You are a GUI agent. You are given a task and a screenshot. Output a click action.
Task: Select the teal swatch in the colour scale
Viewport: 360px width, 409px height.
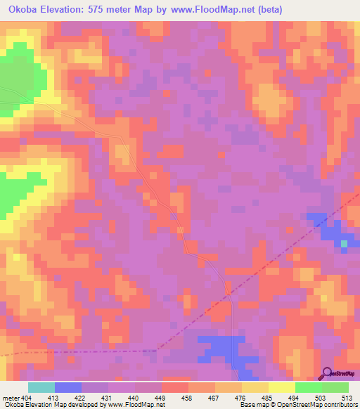coord(41,387)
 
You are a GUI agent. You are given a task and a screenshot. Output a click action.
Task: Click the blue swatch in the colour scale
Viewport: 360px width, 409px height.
coord(68,387)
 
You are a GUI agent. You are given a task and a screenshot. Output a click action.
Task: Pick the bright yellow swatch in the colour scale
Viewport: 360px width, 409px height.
coord(282,387)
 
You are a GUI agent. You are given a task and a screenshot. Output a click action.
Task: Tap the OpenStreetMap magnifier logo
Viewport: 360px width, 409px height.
coord(328,372)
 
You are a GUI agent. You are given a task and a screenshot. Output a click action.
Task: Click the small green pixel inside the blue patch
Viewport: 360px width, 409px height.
coord(344,244)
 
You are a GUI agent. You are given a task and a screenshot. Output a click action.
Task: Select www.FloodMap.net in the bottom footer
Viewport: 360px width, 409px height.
coord(134,405)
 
